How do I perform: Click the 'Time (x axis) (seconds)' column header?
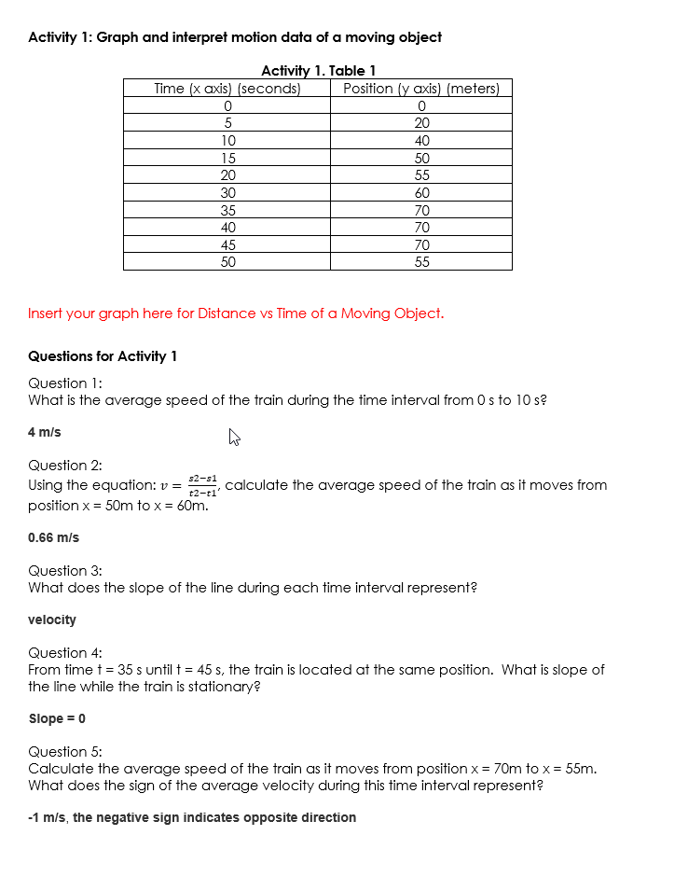(x=227, y=89)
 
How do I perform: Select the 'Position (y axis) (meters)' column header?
(x=421, y=89)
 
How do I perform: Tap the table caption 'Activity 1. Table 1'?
(x=318, y=71)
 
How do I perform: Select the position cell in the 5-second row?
(x=421, y=123)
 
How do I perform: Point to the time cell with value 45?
(x=227, y=245)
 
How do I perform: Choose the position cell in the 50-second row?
(x=421, y=262)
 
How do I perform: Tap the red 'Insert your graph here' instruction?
(x=236, y=313)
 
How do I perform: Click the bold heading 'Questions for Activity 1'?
(x=103, y=356)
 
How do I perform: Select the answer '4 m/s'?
(x=45, y=432)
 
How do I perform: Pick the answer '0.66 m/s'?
(x=54, y=537)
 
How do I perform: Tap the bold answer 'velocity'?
(x=52, y=619)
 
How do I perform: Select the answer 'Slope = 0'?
(x=57, y=718)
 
